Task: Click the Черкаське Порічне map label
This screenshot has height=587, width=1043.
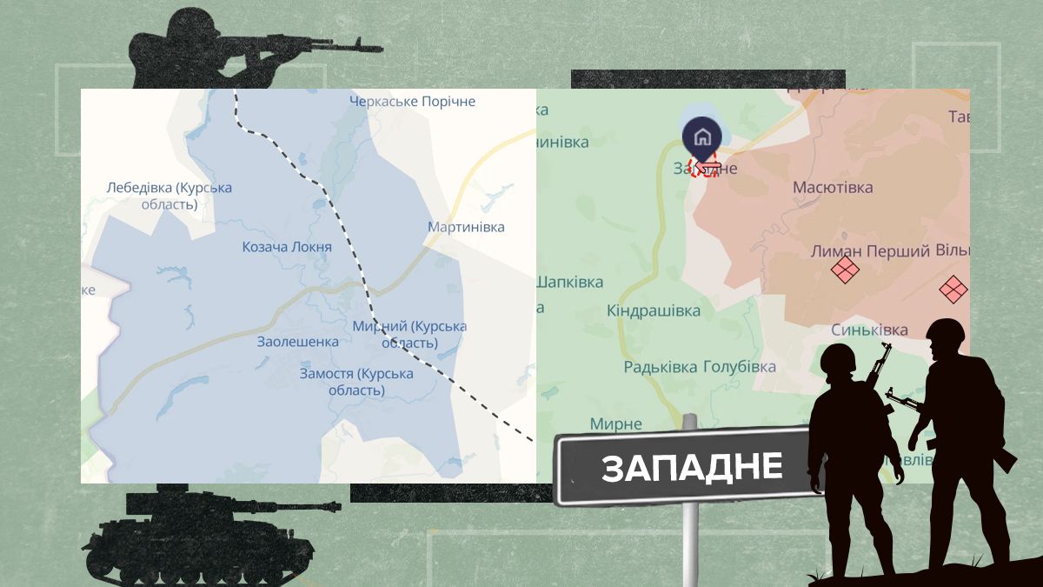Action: [413, 102]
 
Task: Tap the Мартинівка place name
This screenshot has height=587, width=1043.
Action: [466, 227]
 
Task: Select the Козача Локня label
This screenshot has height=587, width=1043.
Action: [287, 247]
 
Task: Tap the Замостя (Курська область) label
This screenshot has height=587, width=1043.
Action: [356, 382]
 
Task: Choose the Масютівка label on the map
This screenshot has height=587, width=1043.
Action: [833, 187]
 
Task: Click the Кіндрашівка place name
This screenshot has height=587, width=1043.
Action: [654, 310]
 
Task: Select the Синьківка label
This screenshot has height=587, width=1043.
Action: [869, 330]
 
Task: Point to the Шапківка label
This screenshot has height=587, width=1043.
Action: [569, 283]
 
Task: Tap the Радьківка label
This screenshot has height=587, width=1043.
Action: [661, 367]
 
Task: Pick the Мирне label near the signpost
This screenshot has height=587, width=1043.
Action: [615, 424]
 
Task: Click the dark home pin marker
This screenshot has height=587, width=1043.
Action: [701, 137]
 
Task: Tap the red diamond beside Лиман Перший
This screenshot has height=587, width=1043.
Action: [845, 270]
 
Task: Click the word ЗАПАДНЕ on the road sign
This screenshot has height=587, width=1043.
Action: [692, 468]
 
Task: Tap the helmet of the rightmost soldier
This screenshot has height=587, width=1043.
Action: [946, 332]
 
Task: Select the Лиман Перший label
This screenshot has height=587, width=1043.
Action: [870, 251]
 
